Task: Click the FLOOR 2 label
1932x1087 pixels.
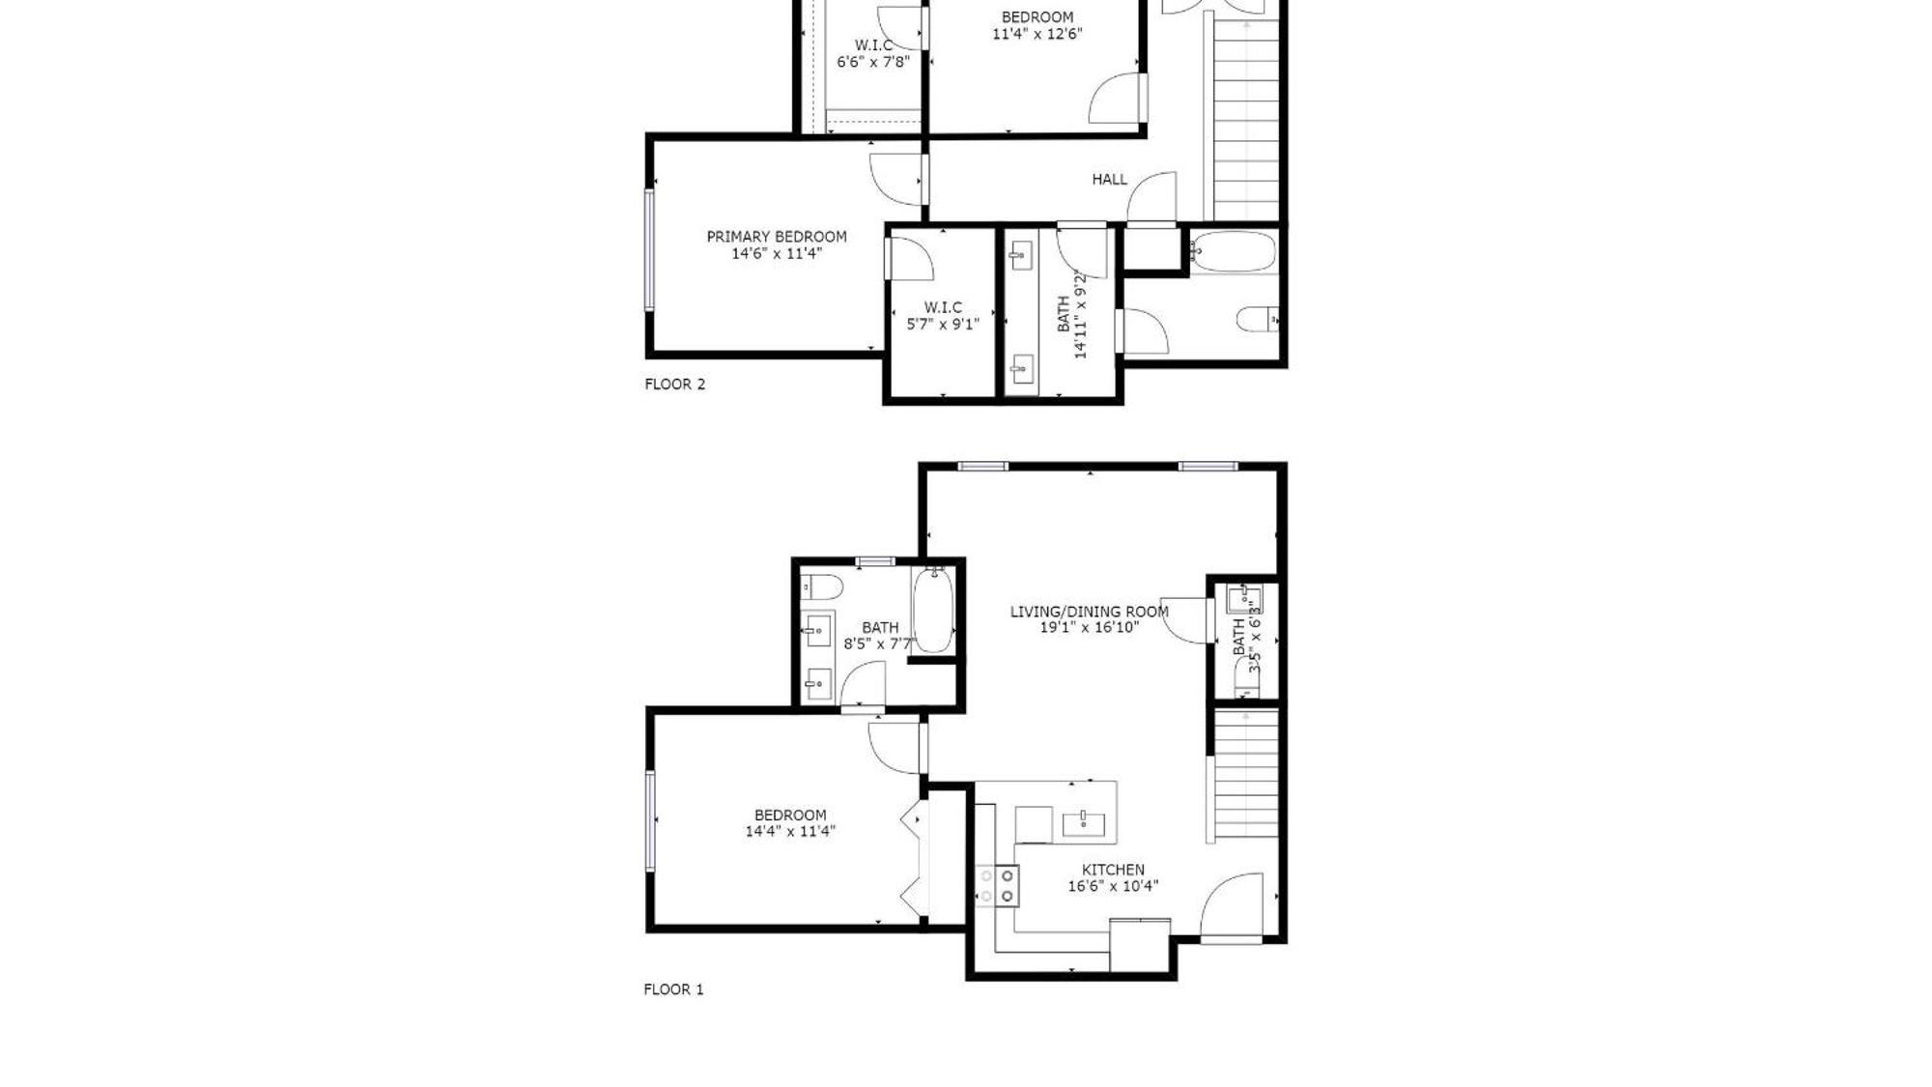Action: click(x=674, y=384)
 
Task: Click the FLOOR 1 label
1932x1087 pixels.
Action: click(x=673, y=988)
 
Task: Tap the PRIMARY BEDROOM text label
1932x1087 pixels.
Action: click(x=776, y=236)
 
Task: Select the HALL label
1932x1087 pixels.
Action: click(x=1109, y=179)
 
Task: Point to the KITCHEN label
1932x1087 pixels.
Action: click(x=1113, y=870)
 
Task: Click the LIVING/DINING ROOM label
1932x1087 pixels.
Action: click(x=1089, y=611)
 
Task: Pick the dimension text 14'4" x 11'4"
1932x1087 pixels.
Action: click(x=789, y=831)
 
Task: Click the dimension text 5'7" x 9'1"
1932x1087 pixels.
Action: click(x=942, y=324)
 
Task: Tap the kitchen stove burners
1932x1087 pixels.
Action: click(x=997, y=886)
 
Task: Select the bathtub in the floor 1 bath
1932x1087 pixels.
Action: click(x=933, y=610)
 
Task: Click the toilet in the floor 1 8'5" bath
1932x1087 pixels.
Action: click(x=822, y=586)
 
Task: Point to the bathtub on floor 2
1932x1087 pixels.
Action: click(x=1233, y=252)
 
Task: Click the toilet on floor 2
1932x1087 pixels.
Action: click(x=1258, y=319)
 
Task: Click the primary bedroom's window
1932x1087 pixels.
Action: click(x=649, y=250)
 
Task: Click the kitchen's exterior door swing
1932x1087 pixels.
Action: click(x=1234, y=905)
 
